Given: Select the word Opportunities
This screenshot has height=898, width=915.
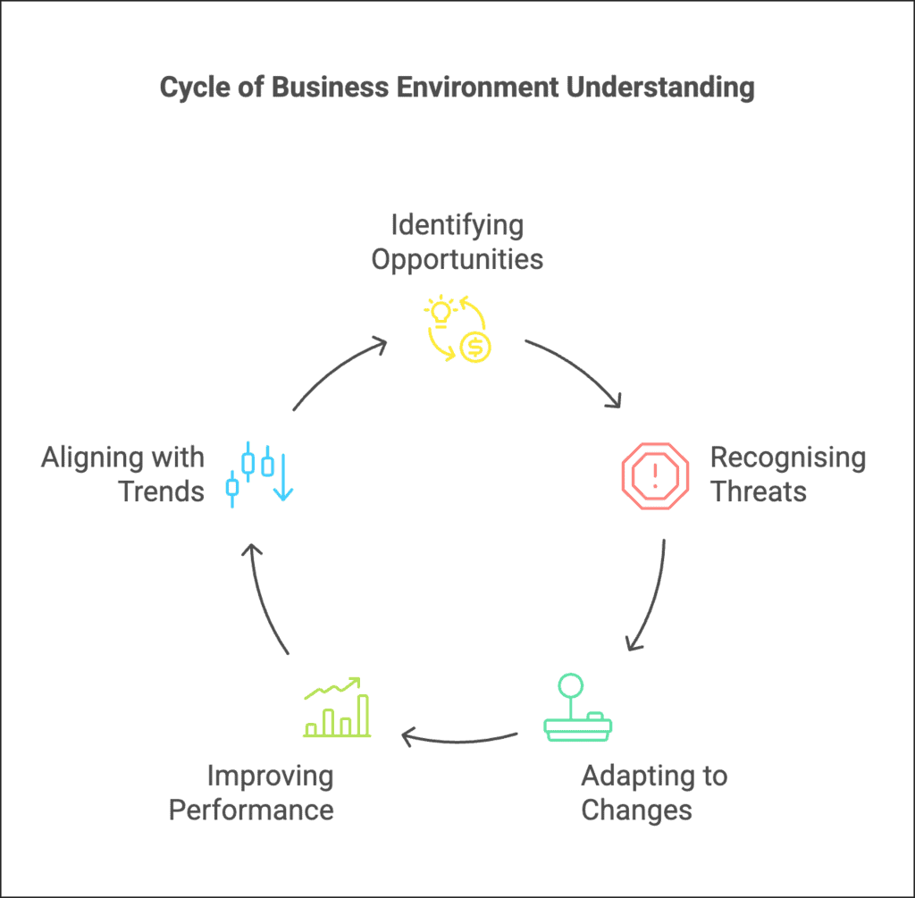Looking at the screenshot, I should point(457,259).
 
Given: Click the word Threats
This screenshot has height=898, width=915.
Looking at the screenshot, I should point(759,491).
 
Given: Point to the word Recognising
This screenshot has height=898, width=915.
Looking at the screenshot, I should point(788,457).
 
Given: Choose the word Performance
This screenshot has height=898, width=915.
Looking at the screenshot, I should point(251,810).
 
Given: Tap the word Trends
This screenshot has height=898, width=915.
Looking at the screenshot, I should point(162,491).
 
